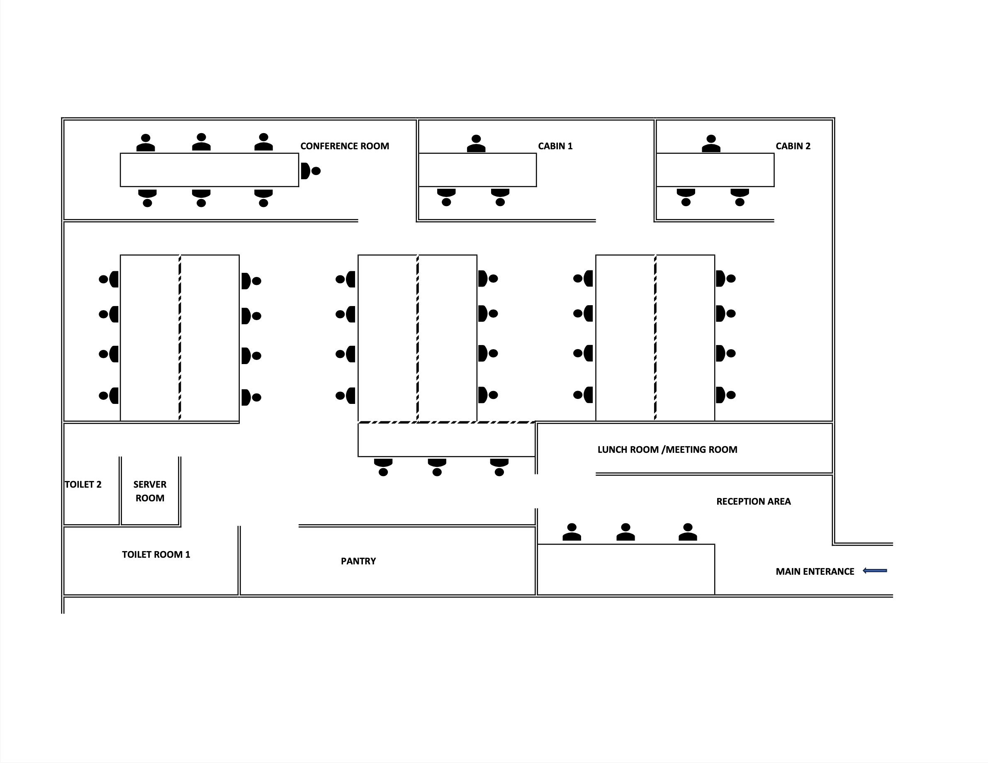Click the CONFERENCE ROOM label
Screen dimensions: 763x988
[344, 146]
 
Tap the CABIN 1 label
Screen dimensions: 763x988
[555, 146]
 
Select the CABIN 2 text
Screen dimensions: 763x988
[793, 146]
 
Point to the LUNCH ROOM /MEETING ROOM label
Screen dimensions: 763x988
[667, 450]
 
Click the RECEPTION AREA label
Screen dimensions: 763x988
[753, 502]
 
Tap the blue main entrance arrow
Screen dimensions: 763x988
[875, 571]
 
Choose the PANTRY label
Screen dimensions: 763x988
[358, 561]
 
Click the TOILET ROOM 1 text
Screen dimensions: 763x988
[156, 554]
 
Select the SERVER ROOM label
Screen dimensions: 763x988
[150, 491]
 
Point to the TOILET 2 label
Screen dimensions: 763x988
[83, 484]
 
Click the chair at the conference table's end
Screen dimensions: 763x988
[310, 171]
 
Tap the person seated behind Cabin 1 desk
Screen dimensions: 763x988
[476, 143]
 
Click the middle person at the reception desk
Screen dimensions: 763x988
[625, 532]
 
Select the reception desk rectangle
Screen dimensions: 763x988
[625, 569]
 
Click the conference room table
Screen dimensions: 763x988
[209, 170]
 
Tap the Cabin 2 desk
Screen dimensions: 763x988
[715, 170]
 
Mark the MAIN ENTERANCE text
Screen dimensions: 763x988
[815, 572]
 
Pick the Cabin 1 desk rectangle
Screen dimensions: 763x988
[477, 170]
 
